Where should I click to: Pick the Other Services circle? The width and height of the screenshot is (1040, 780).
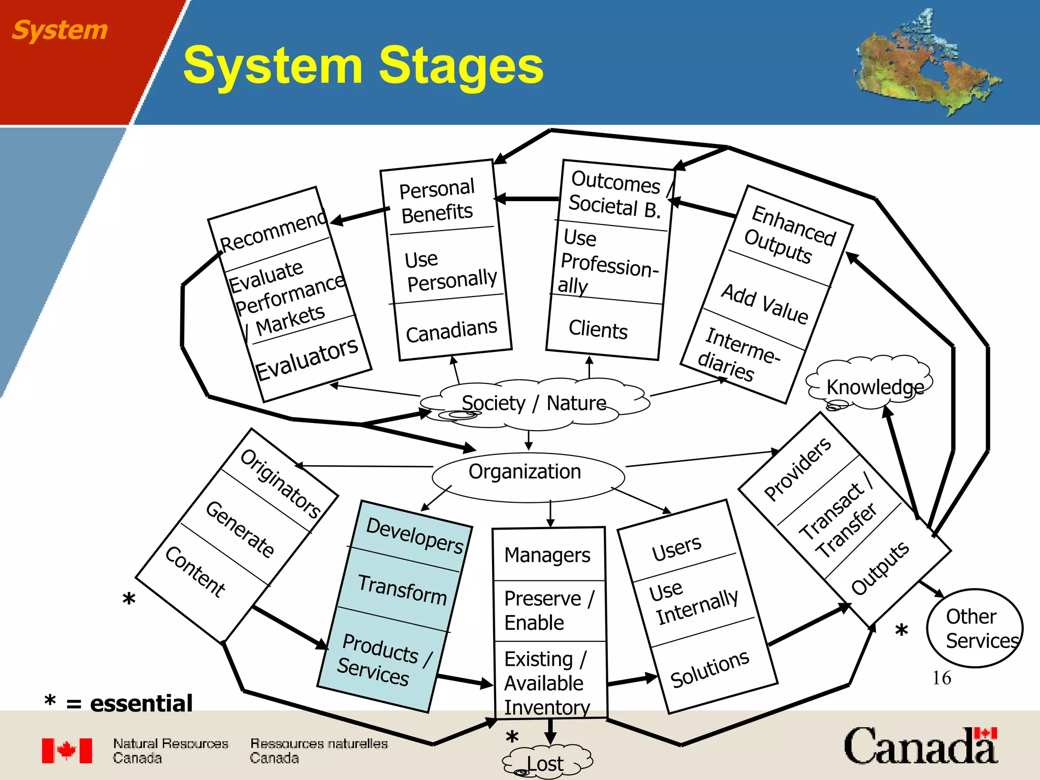pos(974,629)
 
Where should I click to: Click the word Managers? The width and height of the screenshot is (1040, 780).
pos(547,555)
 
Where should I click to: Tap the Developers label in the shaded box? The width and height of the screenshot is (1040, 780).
pos(414,535)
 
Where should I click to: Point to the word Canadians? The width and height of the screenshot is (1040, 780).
pos(451,331)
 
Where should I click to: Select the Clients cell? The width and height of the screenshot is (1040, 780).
pos(598,330)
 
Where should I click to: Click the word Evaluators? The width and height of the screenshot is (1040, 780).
pos(307,359)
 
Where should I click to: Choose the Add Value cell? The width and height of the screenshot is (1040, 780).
pos(765,303)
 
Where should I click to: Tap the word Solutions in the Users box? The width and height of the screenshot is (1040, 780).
pos(709,669)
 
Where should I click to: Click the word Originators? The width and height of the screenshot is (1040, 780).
pos(280,483)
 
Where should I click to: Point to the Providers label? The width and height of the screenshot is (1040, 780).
pos(797,469)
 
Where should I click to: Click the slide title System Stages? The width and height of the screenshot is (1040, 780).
pos(363,65)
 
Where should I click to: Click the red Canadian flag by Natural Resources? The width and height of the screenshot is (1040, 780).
pos(67,751)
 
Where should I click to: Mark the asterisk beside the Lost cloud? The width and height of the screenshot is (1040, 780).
pos(512,737)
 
